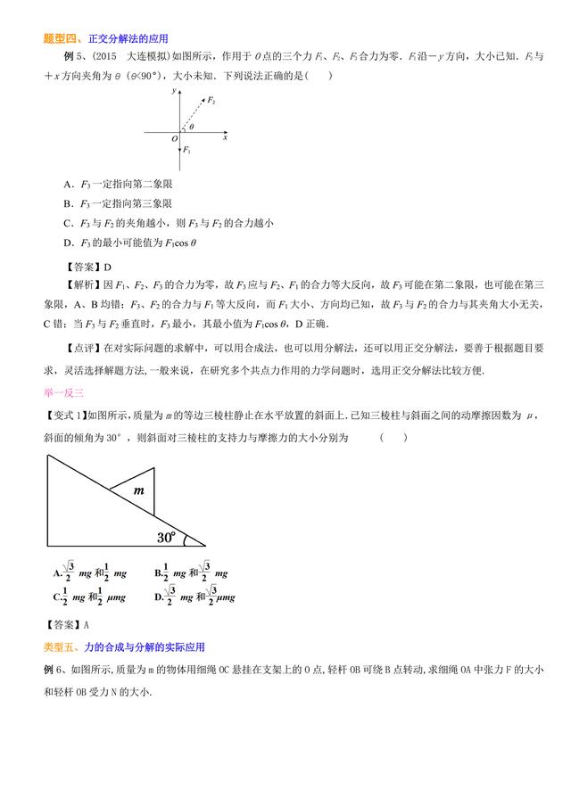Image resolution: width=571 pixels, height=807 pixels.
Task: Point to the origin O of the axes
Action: point(175,139)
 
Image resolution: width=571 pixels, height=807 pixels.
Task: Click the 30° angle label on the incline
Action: point(167,537)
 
